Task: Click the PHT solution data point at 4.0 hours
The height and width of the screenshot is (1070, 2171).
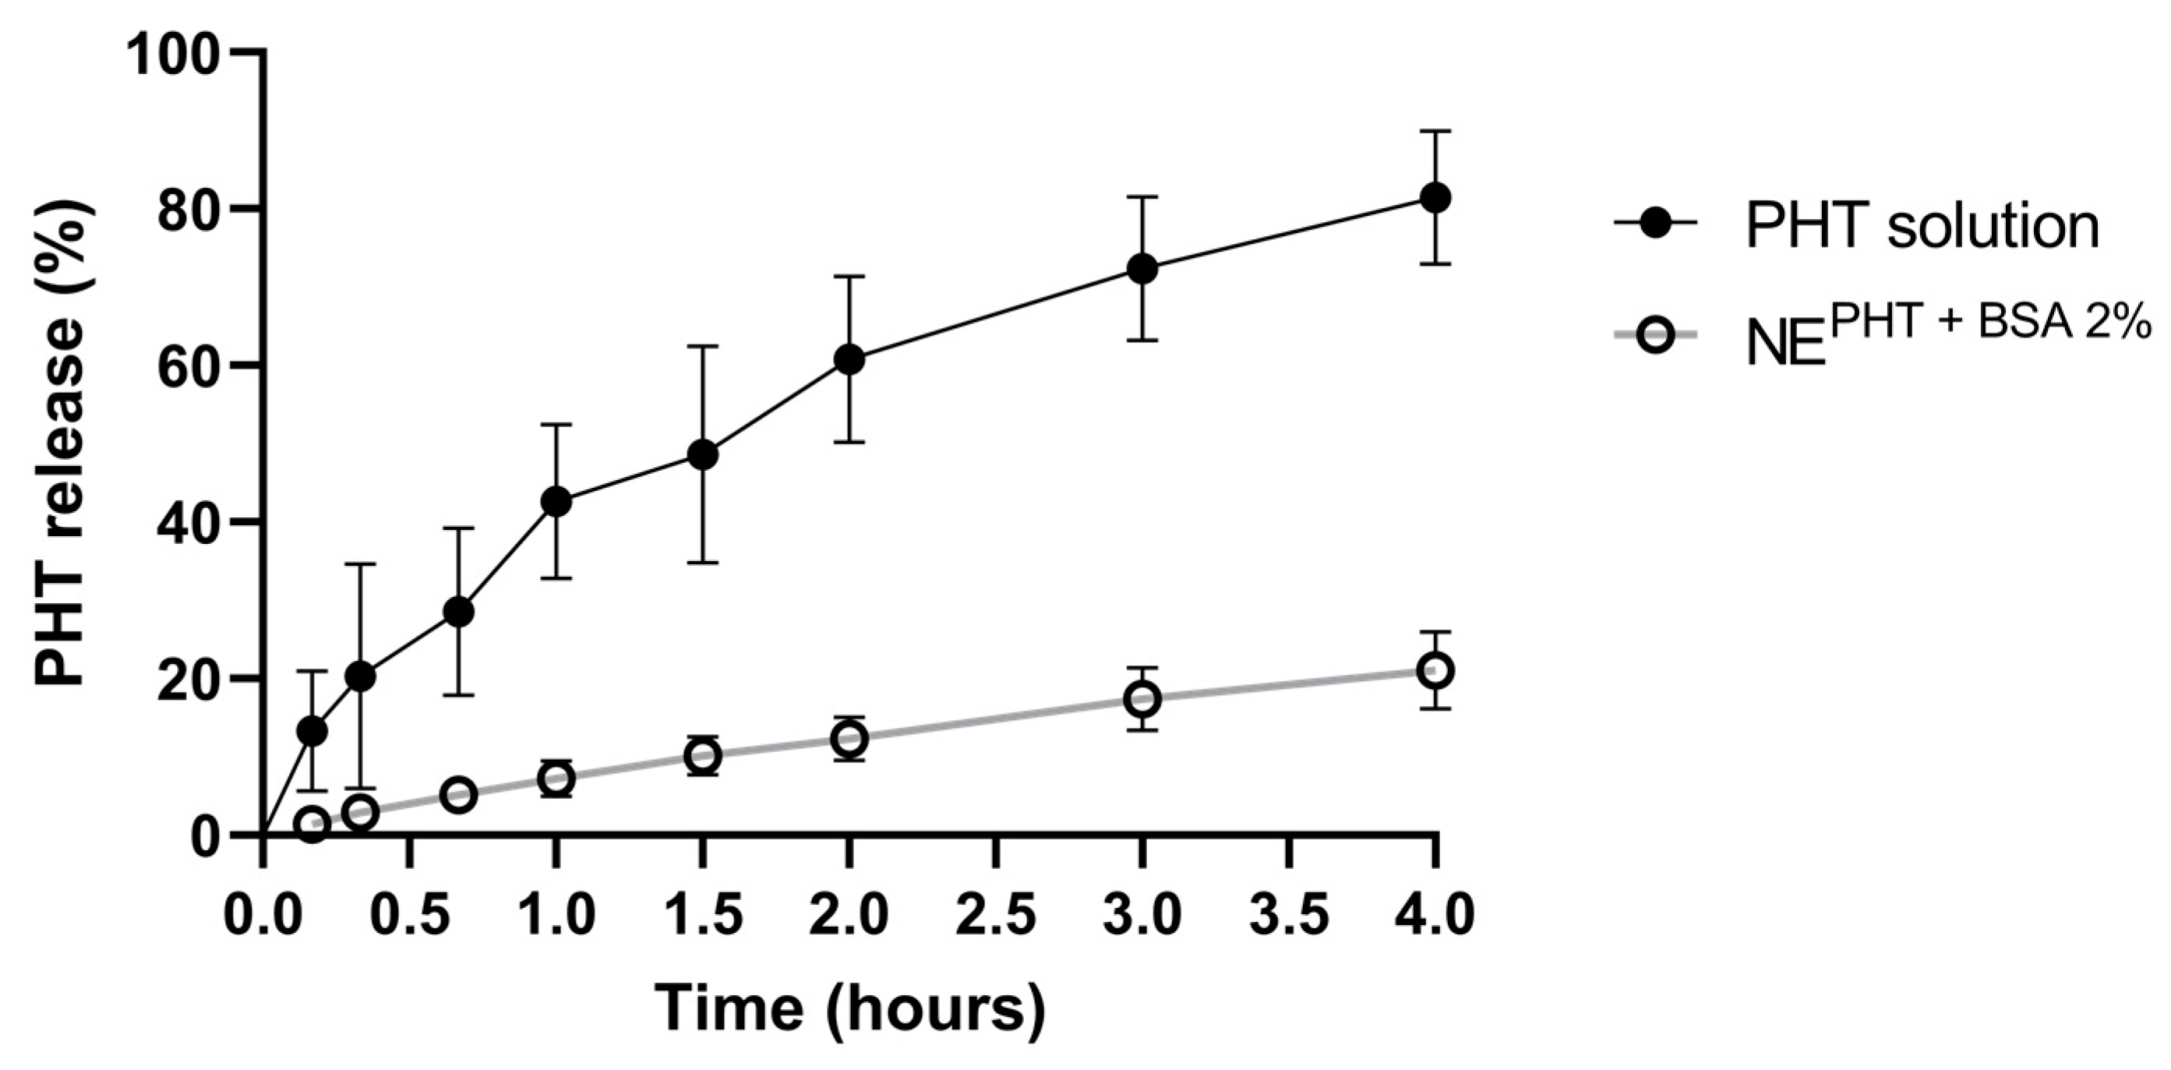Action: tap(1435, 198)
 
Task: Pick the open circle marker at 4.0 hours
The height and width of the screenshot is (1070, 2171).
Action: tap(1435, 671)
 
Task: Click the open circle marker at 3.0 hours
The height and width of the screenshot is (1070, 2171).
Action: tap(1142, 699)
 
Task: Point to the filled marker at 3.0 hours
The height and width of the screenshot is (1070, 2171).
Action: tap(1142, 269)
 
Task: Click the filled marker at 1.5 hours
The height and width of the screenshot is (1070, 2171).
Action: tap(702, 455)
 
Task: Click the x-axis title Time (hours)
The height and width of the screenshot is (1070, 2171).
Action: tap(849, 1008)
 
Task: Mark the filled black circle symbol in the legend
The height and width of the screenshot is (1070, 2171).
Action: tap(1655, 223)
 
